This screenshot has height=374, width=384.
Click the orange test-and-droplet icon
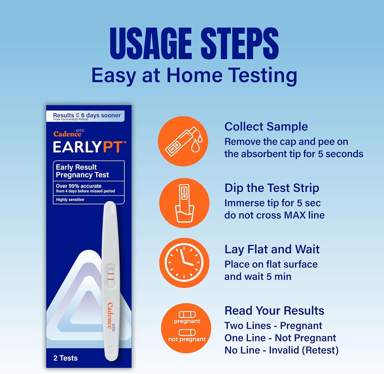183,141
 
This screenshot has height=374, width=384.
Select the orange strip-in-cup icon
184,203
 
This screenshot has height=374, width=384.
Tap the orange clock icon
184,263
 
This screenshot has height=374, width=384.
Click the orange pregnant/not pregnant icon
186,328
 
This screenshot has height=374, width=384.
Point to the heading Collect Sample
266,126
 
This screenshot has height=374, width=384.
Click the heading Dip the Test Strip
272,188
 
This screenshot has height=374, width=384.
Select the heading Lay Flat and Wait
272,249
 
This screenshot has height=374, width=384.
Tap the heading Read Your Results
274,311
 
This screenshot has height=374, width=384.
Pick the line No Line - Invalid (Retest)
282,350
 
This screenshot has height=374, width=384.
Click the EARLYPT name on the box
89,147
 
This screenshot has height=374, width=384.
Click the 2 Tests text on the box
66,358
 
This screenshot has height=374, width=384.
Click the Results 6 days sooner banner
85,116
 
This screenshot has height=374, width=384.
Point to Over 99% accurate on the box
79,186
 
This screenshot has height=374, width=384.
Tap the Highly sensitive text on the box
70,200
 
